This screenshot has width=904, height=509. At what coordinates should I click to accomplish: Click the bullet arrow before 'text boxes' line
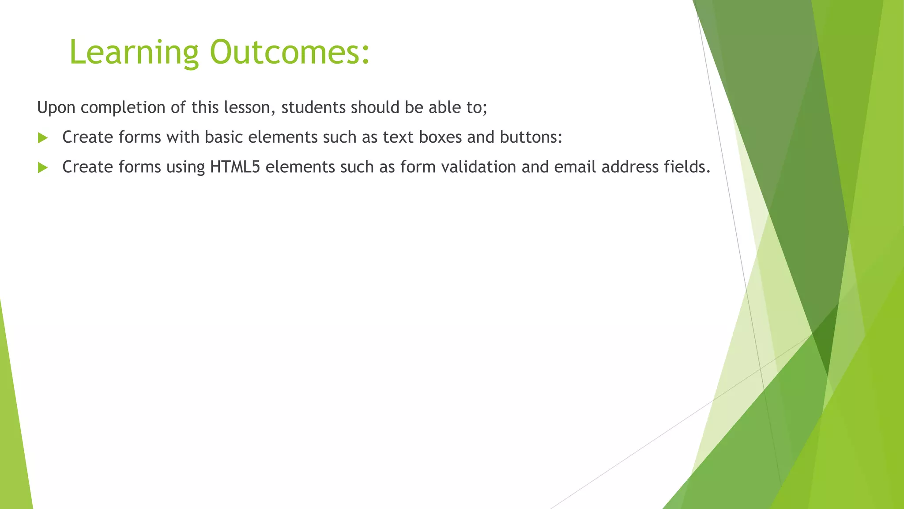point(42,138)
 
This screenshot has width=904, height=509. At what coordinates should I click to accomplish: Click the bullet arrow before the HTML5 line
point(42,167)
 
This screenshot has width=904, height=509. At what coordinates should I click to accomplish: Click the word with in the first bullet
point(183,137)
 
